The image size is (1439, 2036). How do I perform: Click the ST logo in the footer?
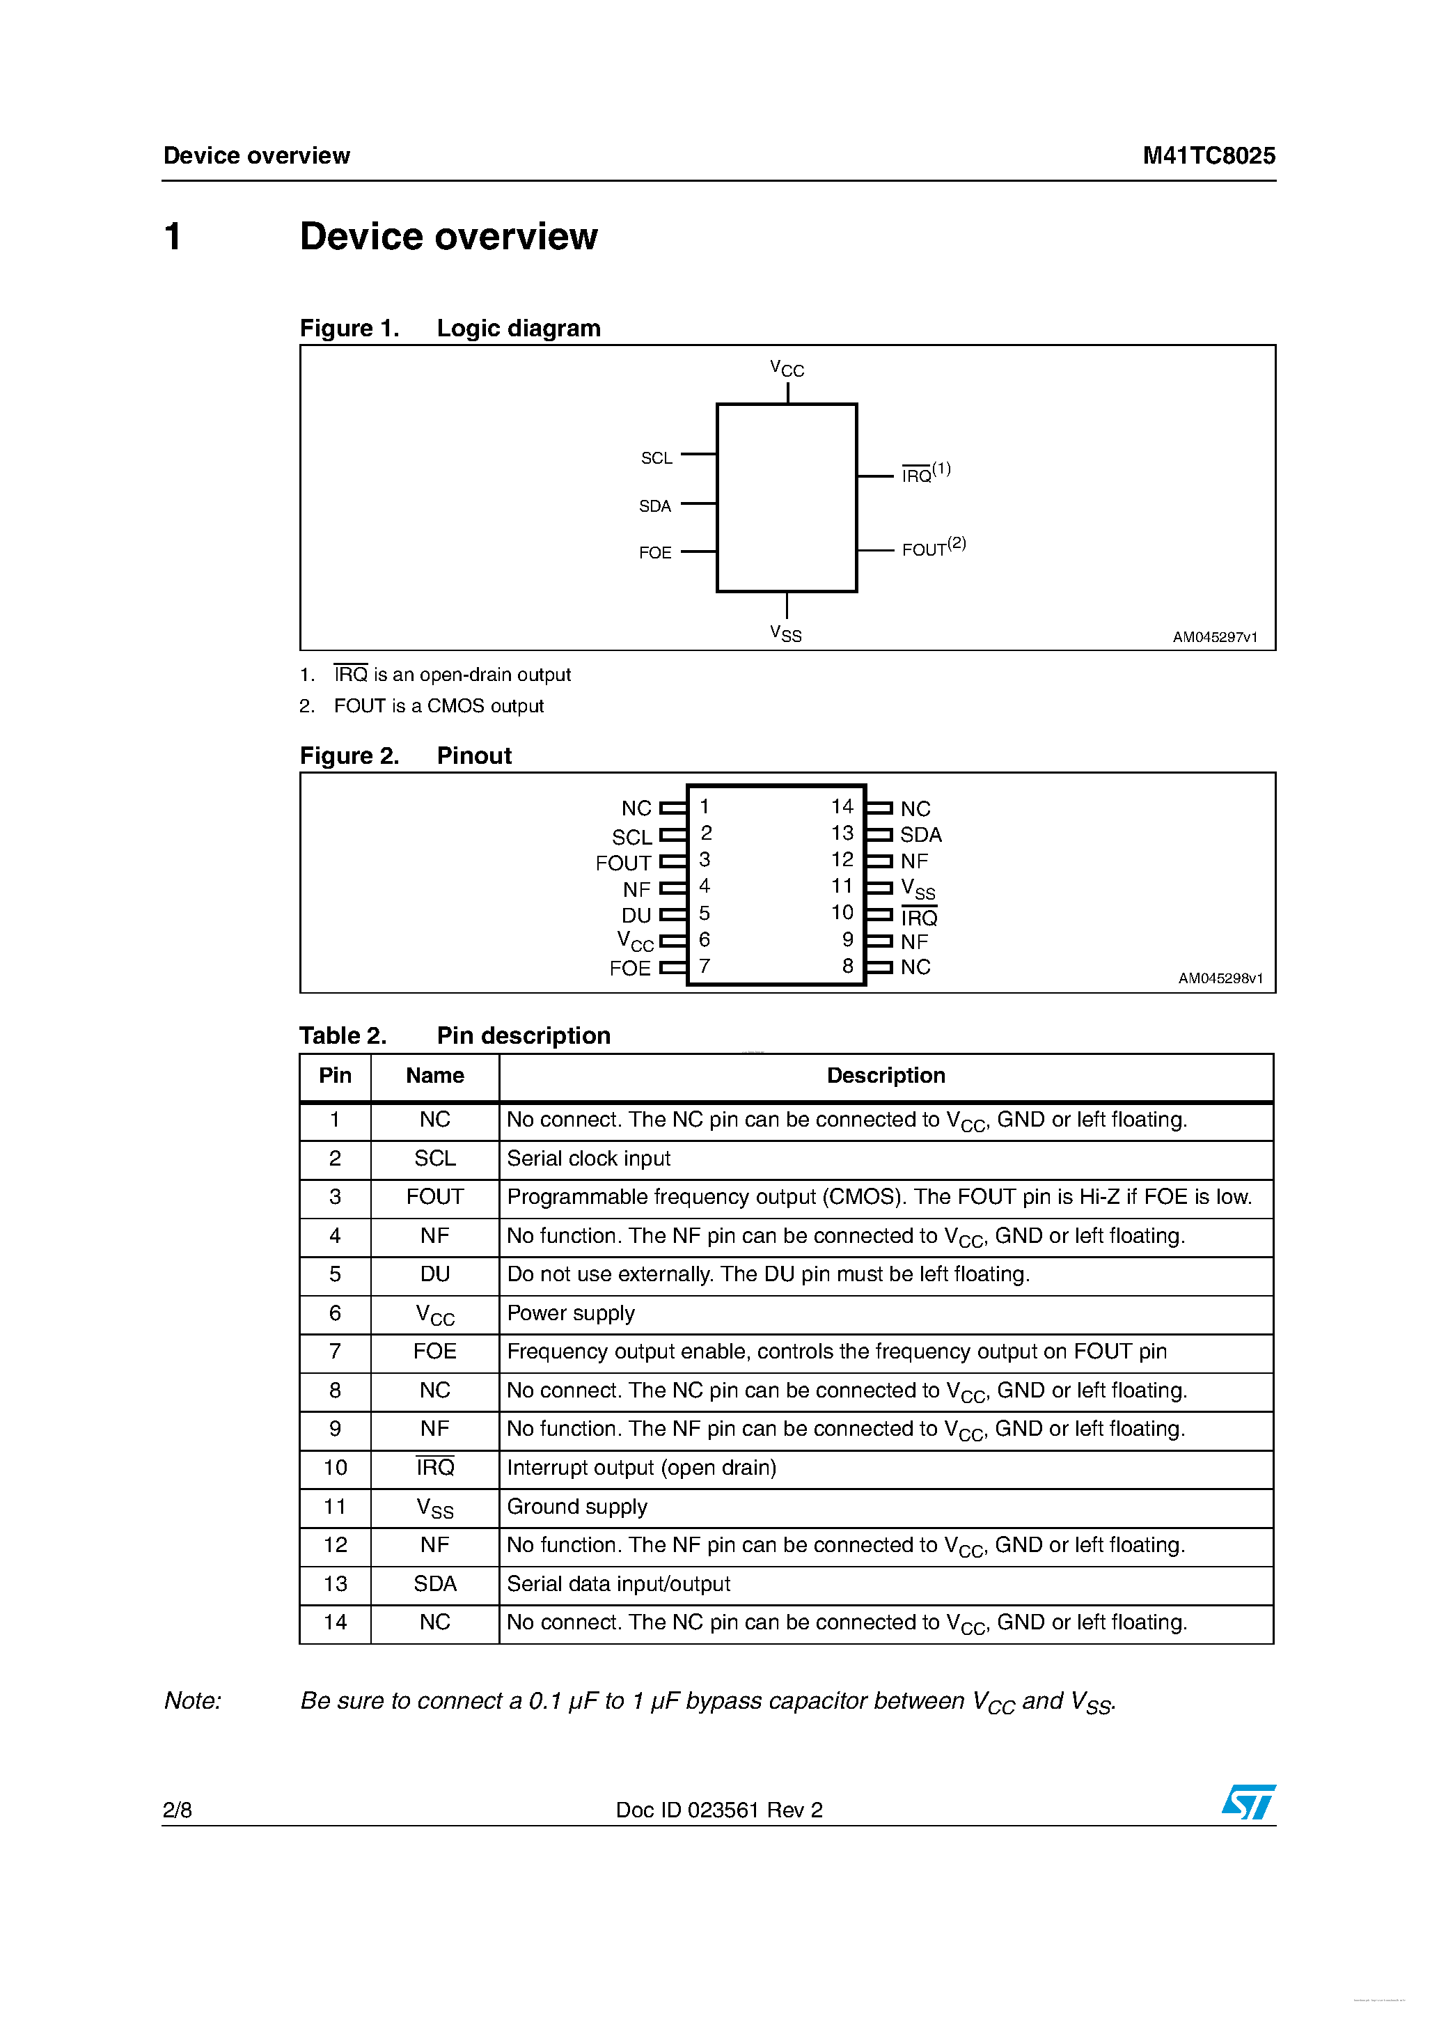(x=1248, y=1801)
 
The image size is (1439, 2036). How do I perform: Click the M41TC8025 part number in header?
(x=1209, y=156)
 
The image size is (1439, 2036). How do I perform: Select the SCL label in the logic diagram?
(x=656, y=457)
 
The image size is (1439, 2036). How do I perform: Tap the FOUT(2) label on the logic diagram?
(x=933, y=547)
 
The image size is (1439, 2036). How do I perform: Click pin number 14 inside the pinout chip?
(x=842, y=806)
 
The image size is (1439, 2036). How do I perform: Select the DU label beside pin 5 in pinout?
(x=636, y=915)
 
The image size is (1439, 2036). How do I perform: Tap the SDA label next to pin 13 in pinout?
(x=920, y=834)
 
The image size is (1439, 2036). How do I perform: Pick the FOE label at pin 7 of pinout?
(x=629, y=969)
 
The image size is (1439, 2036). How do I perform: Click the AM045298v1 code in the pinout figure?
(x=1220, y=978)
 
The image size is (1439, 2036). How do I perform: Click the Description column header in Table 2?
(x=885, y=1076)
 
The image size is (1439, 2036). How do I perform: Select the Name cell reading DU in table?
(x=434, y=1274)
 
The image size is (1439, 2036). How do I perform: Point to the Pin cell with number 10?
(x=335, y=1468)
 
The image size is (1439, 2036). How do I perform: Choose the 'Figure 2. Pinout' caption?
(x=405, y=755)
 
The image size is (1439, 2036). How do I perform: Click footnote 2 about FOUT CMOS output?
(x=422, y=706)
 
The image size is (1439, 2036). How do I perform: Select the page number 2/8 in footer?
(x=178, y=1810)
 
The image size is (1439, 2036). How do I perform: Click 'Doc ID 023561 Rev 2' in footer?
(x=719, y=1810)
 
